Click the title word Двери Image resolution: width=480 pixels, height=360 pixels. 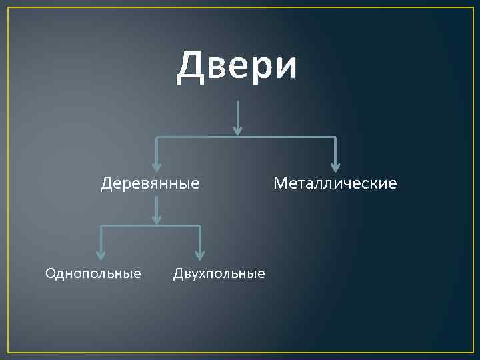tap(237, 67)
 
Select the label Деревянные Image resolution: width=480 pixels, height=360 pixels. tap(150, 183)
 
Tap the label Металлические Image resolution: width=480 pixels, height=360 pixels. tap(335, 183)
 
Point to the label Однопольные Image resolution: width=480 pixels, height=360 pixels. tap(93, 273)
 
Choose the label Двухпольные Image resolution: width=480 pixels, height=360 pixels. tap(219, 273)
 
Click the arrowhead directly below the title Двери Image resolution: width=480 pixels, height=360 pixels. tap(238, 129)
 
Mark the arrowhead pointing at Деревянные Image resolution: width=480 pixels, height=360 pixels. tap(157, 167)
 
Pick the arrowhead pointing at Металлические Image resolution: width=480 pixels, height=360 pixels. tap(335, 167)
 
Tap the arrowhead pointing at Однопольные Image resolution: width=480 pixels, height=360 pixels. tap(101, 255)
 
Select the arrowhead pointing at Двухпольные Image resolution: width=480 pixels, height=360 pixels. tap(199, 255)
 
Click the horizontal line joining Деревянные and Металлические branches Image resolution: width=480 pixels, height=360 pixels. tap(246, 137)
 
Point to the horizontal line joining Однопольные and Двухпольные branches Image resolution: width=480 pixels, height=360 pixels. tap(150, 226)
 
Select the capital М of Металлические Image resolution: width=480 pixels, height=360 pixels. tap(280, 183)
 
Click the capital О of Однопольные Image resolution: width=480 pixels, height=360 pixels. tap(50, 273)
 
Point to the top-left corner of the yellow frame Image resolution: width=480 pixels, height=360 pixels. tap(7, 7)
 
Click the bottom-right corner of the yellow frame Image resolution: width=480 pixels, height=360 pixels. tap(473, 352)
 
